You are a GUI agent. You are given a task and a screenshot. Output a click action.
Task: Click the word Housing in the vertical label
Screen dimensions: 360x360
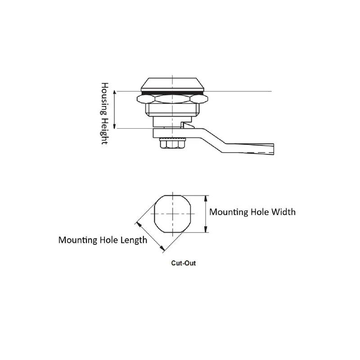104,99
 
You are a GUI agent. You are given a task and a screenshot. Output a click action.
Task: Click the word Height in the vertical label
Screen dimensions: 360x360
104,131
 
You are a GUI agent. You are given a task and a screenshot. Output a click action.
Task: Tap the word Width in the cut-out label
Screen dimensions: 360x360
283,212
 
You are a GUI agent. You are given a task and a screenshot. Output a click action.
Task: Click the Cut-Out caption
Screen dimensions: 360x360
184,263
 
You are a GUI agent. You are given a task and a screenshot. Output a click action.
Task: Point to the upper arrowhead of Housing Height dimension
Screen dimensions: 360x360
115,93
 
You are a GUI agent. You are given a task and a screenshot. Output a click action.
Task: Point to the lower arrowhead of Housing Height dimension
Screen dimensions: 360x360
115,126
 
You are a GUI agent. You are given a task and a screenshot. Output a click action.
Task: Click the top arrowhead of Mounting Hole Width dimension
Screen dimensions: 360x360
206,198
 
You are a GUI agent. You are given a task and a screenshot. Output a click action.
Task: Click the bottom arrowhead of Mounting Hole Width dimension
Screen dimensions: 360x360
206,229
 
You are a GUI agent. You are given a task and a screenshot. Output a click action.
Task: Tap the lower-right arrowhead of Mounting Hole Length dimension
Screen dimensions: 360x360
162,248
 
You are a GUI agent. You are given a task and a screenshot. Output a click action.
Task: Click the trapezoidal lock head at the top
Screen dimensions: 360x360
172,84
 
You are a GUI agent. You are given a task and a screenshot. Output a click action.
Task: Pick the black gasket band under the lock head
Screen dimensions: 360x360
172,93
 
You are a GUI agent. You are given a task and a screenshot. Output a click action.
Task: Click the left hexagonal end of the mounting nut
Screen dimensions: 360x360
146,99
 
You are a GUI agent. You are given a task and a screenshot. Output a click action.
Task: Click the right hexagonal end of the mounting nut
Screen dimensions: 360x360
199,99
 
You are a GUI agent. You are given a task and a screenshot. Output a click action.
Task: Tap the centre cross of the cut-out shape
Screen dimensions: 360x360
173,214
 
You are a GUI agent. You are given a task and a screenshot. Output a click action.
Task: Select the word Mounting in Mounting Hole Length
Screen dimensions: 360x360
78,240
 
